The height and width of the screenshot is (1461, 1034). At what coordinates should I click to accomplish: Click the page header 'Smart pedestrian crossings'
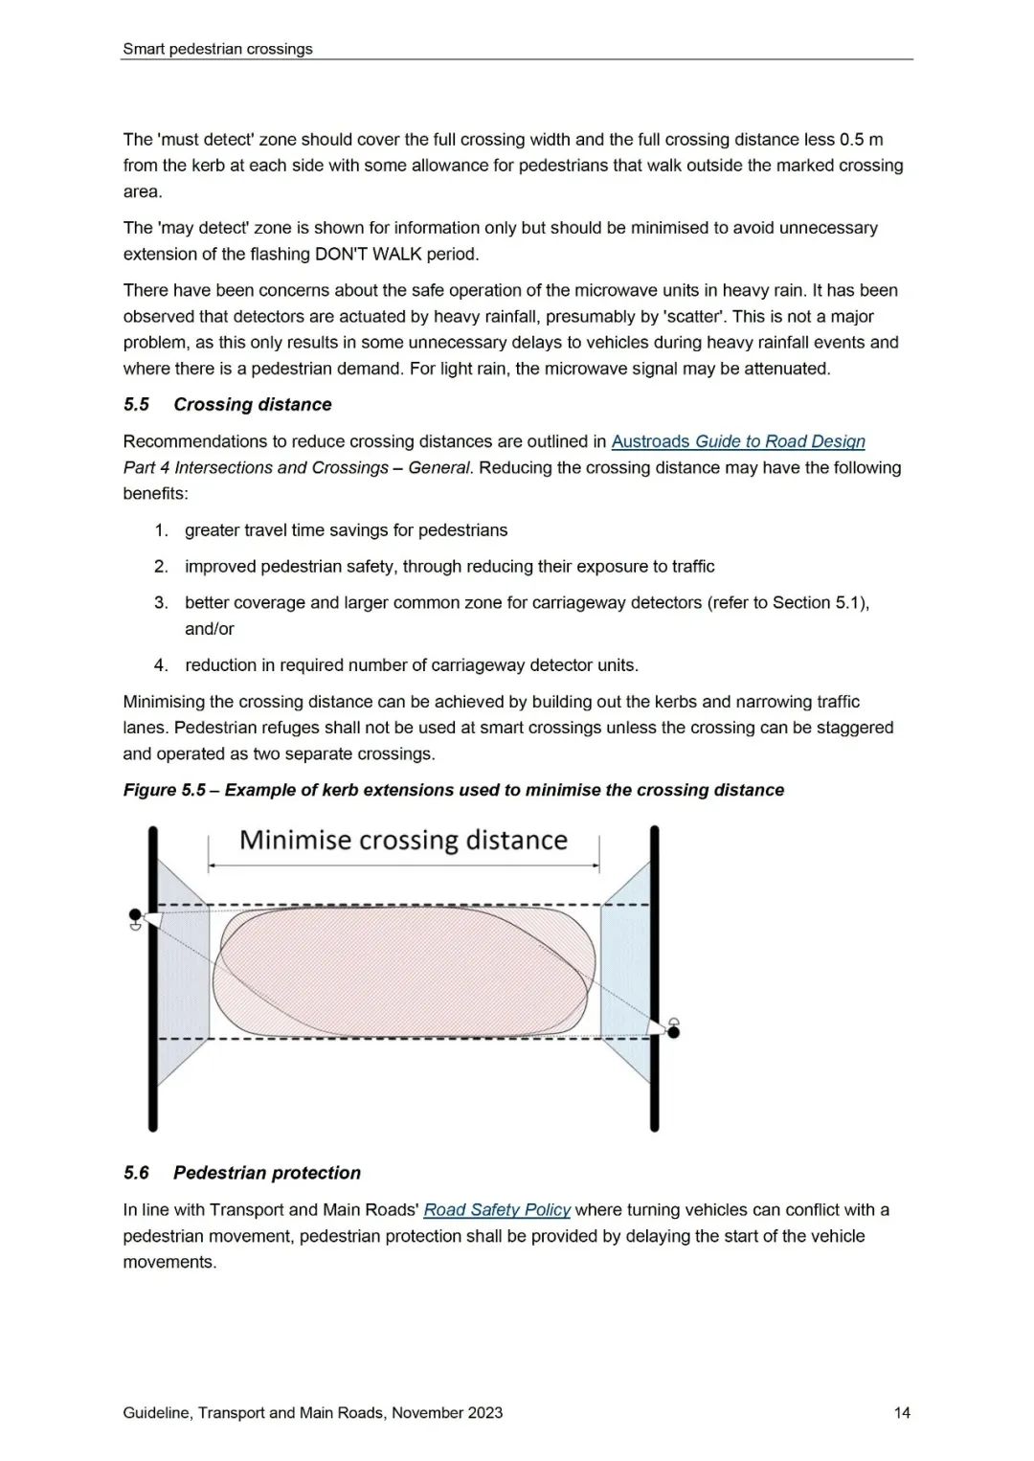pyautogui.click(x=217, y=49)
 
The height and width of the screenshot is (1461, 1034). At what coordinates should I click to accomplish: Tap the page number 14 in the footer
pyautogui.click(x=902, y=1412)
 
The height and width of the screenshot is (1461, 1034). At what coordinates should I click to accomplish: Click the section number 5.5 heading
pyautogui.click(x=136, y=404)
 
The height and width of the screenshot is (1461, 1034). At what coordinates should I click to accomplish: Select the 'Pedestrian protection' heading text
pyautogui.click(x=267, y=1173)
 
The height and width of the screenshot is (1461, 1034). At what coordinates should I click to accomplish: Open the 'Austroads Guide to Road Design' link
pyautogui.click(x=737, y=441)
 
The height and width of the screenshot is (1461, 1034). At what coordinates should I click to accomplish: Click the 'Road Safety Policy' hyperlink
pyautogui.click(x=497, y=1209)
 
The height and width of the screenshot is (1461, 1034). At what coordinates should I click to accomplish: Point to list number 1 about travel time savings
pyautogui.click(x=162, y=530)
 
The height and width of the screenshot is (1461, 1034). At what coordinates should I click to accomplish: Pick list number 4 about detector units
pyautogui.click(x=162, y=665)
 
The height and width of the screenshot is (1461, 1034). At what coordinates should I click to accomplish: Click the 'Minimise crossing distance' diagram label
pyautogui.click(x=403, y=840)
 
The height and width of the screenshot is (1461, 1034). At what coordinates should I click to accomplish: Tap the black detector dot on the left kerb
pyautogui.click(x=135, y=915)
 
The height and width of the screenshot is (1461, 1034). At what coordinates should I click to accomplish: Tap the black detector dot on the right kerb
pyautogui.click(x=674, y=1031)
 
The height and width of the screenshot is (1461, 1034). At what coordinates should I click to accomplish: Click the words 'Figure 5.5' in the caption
pyautogui.click(x=164, y=790)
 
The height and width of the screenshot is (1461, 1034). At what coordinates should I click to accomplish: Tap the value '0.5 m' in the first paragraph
pyautogui.click(x=861, y=139)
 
